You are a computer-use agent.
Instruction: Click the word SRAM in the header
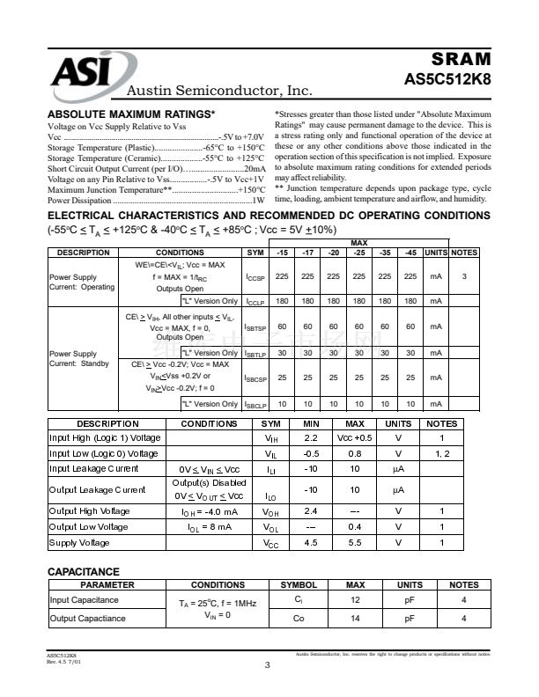click(x=461, y=59)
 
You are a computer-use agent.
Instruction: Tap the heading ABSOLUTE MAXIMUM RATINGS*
click(x=130, y=115)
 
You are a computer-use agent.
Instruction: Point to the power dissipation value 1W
click(x=259, y=200)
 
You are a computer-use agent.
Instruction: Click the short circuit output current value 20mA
click(x=254, y=168)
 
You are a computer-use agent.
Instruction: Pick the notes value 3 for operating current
click(x=464, y=277)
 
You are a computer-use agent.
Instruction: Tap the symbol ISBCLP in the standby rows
click(x=255, y=404)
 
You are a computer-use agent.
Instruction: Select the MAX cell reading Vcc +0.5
click(x=355, y=437)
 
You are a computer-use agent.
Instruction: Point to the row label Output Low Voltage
click(x=88, y=527)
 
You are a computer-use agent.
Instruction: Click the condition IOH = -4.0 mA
click(x=209, y=511)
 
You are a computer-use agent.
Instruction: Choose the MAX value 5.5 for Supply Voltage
click(x=355, y=543)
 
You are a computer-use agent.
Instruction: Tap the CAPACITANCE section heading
click(x=83, y=572)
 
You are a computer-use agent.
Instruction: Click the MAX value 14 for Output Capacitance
click(x=355, y=618)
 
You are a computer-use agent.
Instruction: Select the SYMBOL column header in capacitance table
click(x=299, y=584)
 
